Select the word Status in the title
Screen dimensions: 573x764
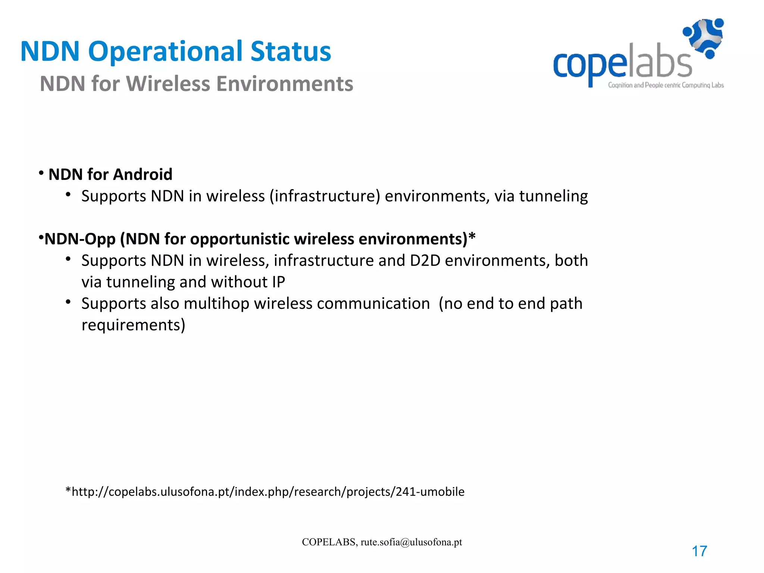coord(291,51)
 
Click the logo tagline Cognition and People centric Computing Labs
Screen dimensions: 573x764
coord(666,85)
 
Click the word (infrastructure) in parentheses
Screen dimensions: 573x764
coord(325,196)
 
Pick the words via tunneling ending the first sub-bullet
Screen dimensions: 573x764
coord(541,196)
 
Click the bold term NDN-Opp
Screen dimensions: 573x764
coord(80,239)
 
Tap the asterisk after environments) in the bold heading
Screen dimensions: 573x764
coord(472,237)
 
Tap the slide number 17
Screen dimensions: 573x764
coord(699,551)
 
